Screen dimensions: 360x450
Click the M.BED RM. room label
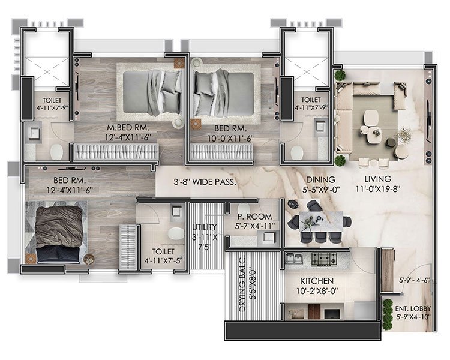point(128,128)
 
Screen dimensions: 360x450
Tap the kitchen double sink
point(294,259)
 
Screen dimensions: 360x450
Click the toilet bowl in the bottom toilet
point(175,233)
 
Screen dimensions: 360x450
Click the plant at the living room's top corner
point(340,75)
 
